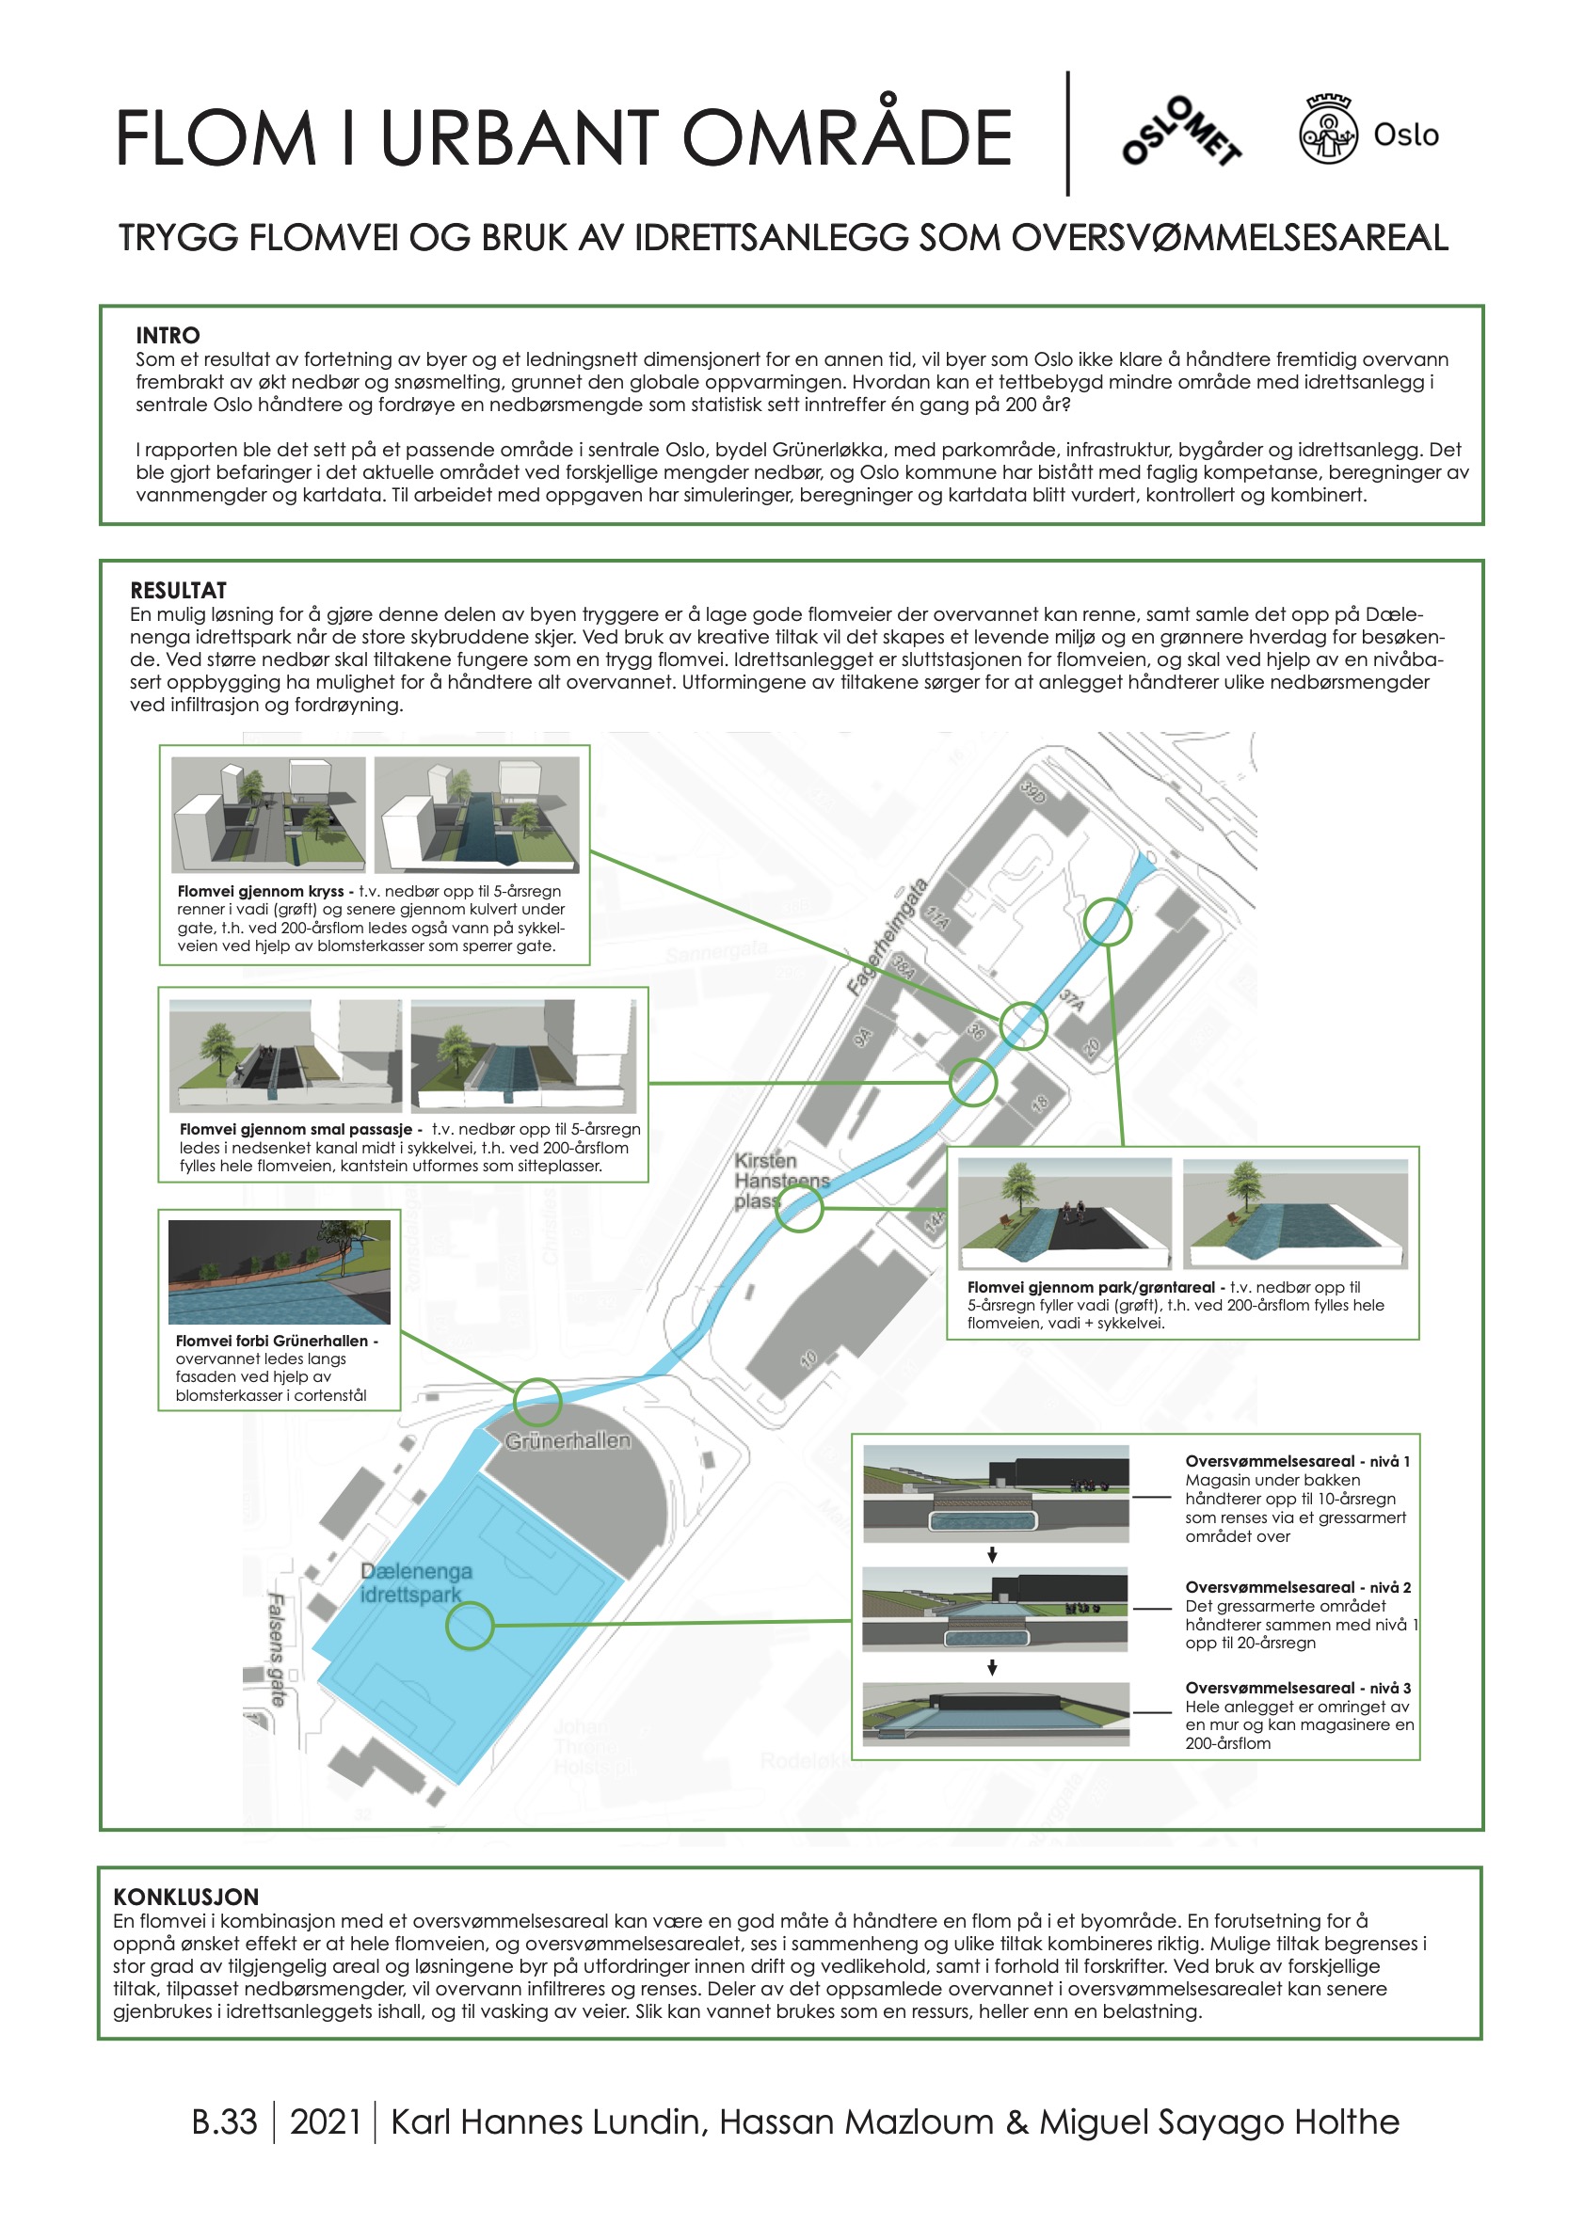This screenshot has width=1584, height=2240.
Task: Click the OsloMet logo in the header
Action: (x=1182, y=132)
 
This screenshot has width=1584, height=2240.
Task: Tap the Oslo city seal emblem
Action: (x=1327, y=131)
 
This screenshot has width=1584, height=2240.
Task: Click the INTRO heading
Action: (x=168, y=335)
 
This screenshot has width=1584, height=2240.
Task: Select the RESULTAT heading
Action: (x=179, y=590)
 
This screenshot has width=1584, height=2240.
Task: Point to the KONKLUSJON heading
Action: (x=185, y=1897)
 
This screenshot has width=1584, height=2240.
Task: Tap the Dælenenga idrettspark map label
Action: (x=415, y=1582)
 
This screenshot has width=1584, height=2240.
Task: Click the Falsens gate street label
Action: (x=276, y=1649)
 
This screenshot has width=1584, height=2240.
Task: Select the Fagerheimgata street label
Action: (x=887, y=938)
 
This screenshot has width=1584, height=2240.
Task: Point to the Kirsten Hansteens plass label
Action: (x=780, y=1180)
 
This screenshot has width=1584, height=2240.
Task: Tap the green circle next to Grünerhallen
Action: (x=537, y=1402)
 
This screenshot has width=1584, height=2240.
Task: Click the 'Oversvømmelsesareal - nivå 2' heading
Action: (x=1297, y=1587)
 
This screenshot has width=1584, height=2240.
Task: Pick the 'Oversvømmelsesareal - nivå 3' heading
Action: (x=1297, y=1688)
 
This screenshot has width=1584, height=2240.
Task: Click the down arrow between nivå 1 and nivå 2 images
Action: (x=992, y=1555)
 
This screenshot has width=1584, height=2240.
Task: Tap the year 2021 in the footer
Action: (x=325, y=2122)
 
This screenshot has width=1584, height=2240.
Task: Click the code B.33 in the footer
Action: (x=225, y=2122)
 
